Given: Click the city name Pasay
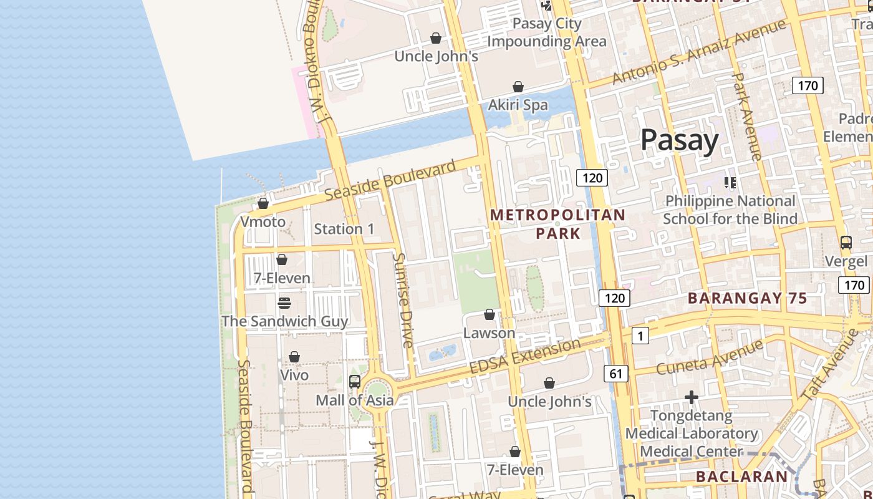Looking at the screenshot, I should [x=680, y=140].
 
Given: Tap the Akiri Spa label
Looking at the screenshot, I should [x=518, y=105].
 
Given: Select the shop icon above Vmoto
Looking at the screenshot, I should [x=263, y=203].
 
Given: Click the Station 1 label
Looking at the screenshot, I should [x=344, y=229].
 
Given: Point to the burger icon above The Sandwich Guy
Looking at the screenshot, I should [x=284, y=303].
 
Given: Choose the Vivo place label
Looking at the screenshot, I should [x=294, y=375].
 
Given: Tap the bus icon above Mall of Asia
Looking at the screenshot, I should [x=355, y=381].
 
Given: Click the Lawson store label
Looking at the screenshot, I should [x=489, y=332].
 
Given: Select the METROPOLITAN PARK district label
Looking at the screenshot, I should [x=557, y=224].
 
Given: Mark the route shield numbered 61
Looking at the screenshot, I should [x=615, y=374].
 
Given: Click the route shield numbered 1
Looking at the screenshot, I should [x=640, y=336].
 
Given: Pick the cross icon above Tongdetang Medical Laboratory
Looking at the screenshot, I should [x=691, y=397].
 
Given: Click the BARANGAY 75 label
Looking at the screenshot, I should [x=747, y=298].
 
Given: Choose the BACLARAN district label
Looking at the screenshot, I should [x=741, y=477].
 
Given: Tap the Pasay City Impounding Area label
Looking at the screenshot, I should [x=546, y=32].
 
